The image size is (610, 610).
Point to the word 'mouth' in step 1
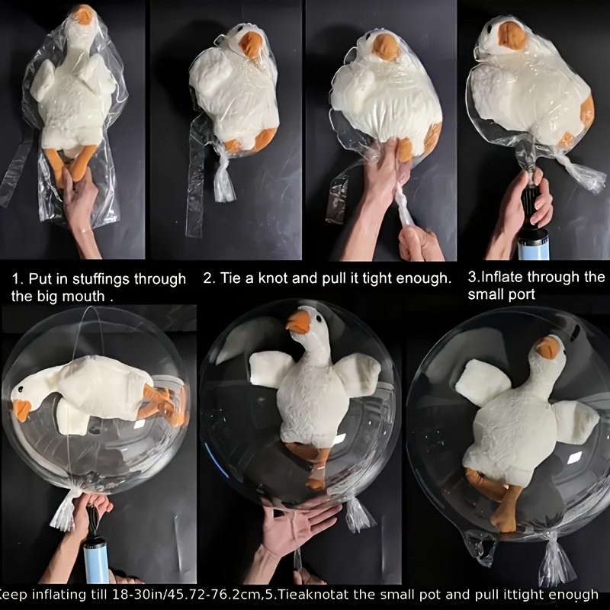point(85,297)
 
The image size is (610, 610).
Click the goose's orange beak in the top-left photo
point(83,14)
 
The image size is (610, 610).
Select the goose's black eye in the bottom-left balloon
point(21,388)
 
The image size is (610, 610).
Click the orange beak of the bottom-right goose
point(547,348)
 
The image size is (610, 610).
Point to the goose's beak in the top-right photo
point(511,35)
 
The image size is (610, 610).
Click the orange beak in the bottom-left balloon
point(21,409)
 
